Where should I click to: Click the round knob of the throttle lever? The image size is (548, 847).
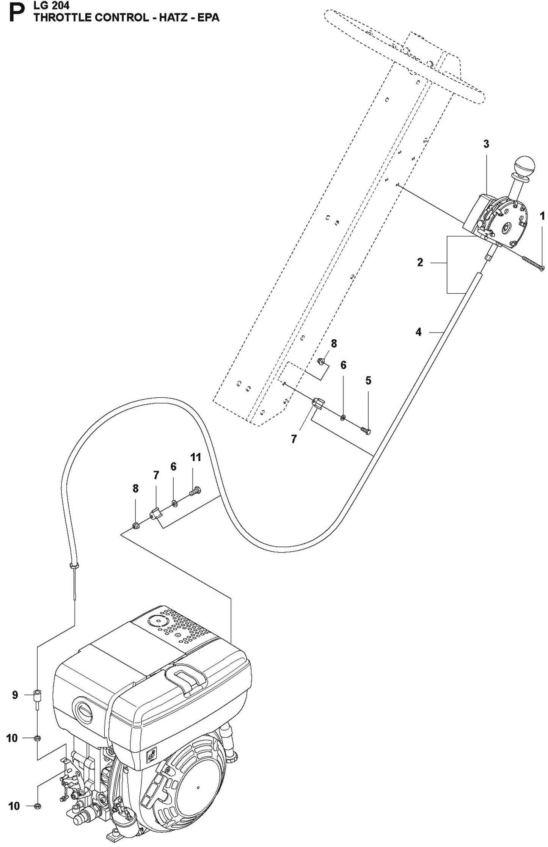pos(524,166)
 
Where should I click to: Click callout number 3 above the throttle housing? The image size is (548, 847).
pos(486,144)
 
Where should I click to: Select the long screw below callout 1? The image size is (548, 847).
pos(532,264)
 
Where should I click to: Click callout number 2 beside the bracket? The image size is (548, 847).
pos(420,262)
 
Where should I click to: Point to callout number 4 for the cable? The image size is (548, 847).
pos(418,332)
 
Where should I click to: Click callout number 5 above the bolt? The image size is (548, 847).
pos(368,380)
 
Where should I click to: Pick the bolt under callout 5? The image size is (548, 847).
pos(366,431)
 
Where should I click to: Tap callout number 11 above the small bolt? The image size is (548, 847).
pos(195,457)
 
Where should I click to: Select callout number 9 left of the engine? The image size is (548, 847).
pos(15,695)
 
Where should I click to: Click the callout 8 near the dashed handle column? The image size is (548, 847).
pos(334,344)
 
